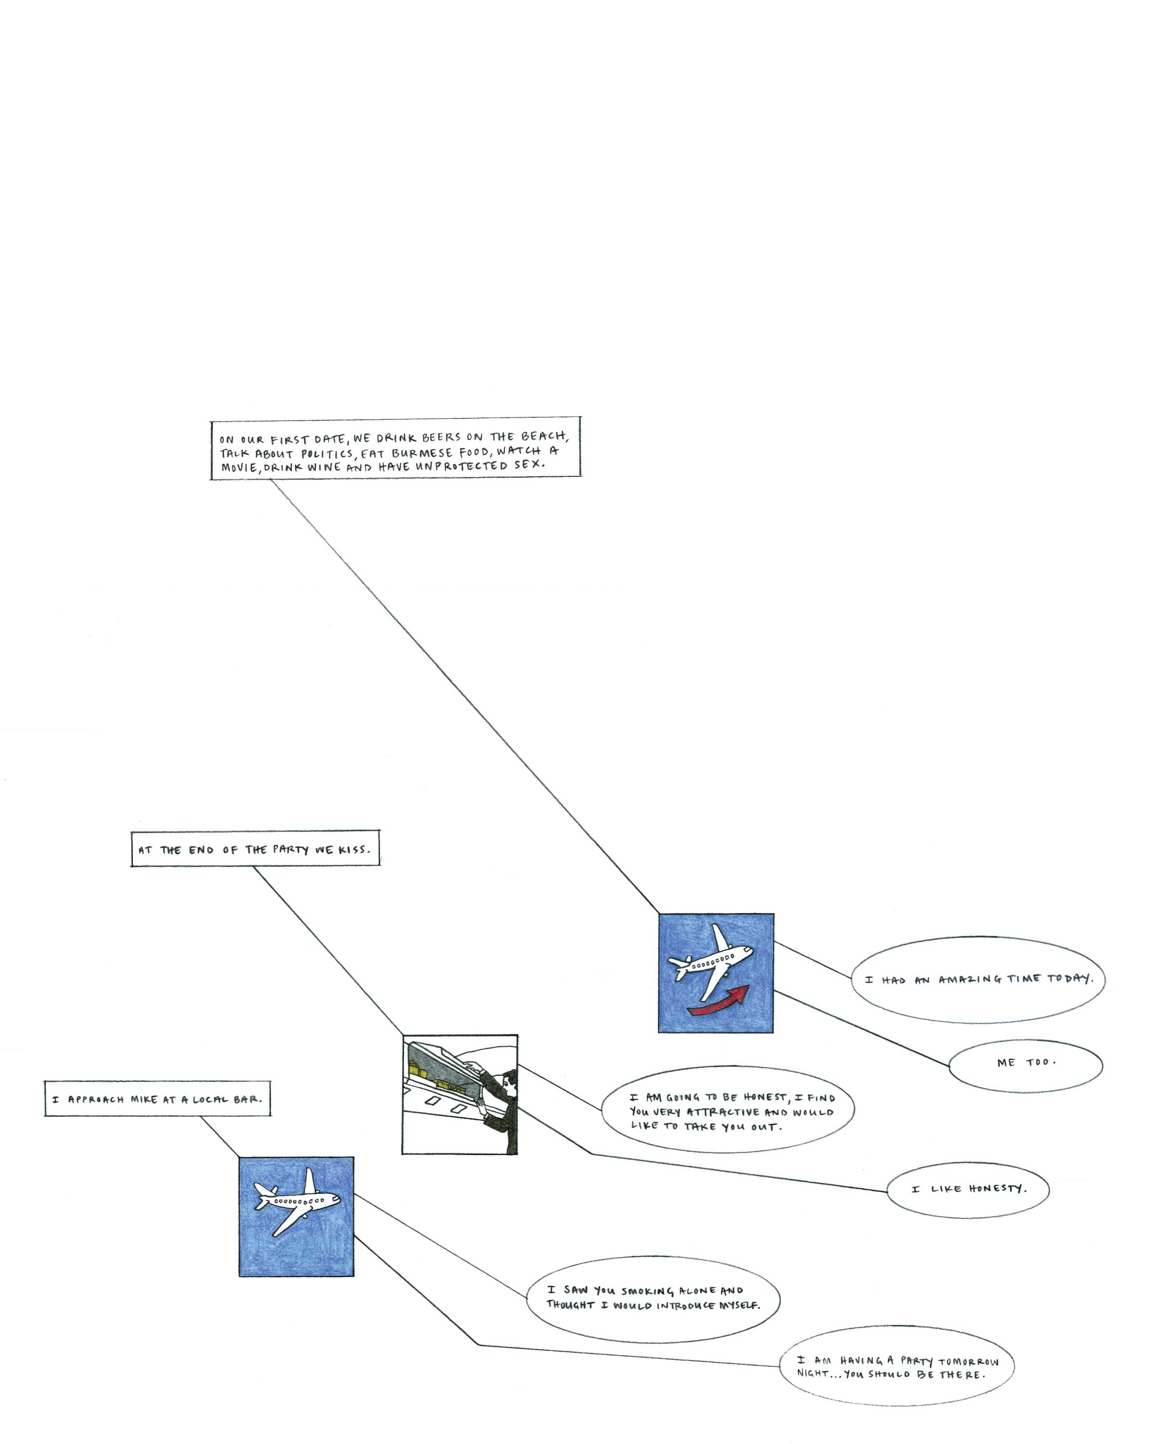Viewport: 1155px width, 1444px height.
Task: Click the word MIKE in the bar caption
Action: (144, 1099)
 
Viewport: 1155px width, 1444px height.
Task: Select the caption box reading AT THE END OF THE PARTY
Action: (255, 849)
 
